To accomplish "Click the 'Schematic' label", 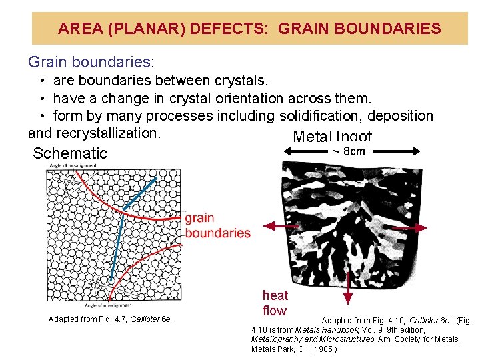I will point(70,153).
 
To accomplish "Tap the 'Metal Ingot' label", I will point(332,137).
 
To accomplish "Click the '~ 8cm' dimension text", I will point(349,151).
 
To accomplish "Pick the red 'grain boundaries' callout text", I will point(217,225).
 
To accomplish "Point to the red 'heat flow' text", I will point(275,303).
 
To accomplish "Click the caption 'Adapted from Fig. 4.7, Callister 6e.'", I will point(110,319).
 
